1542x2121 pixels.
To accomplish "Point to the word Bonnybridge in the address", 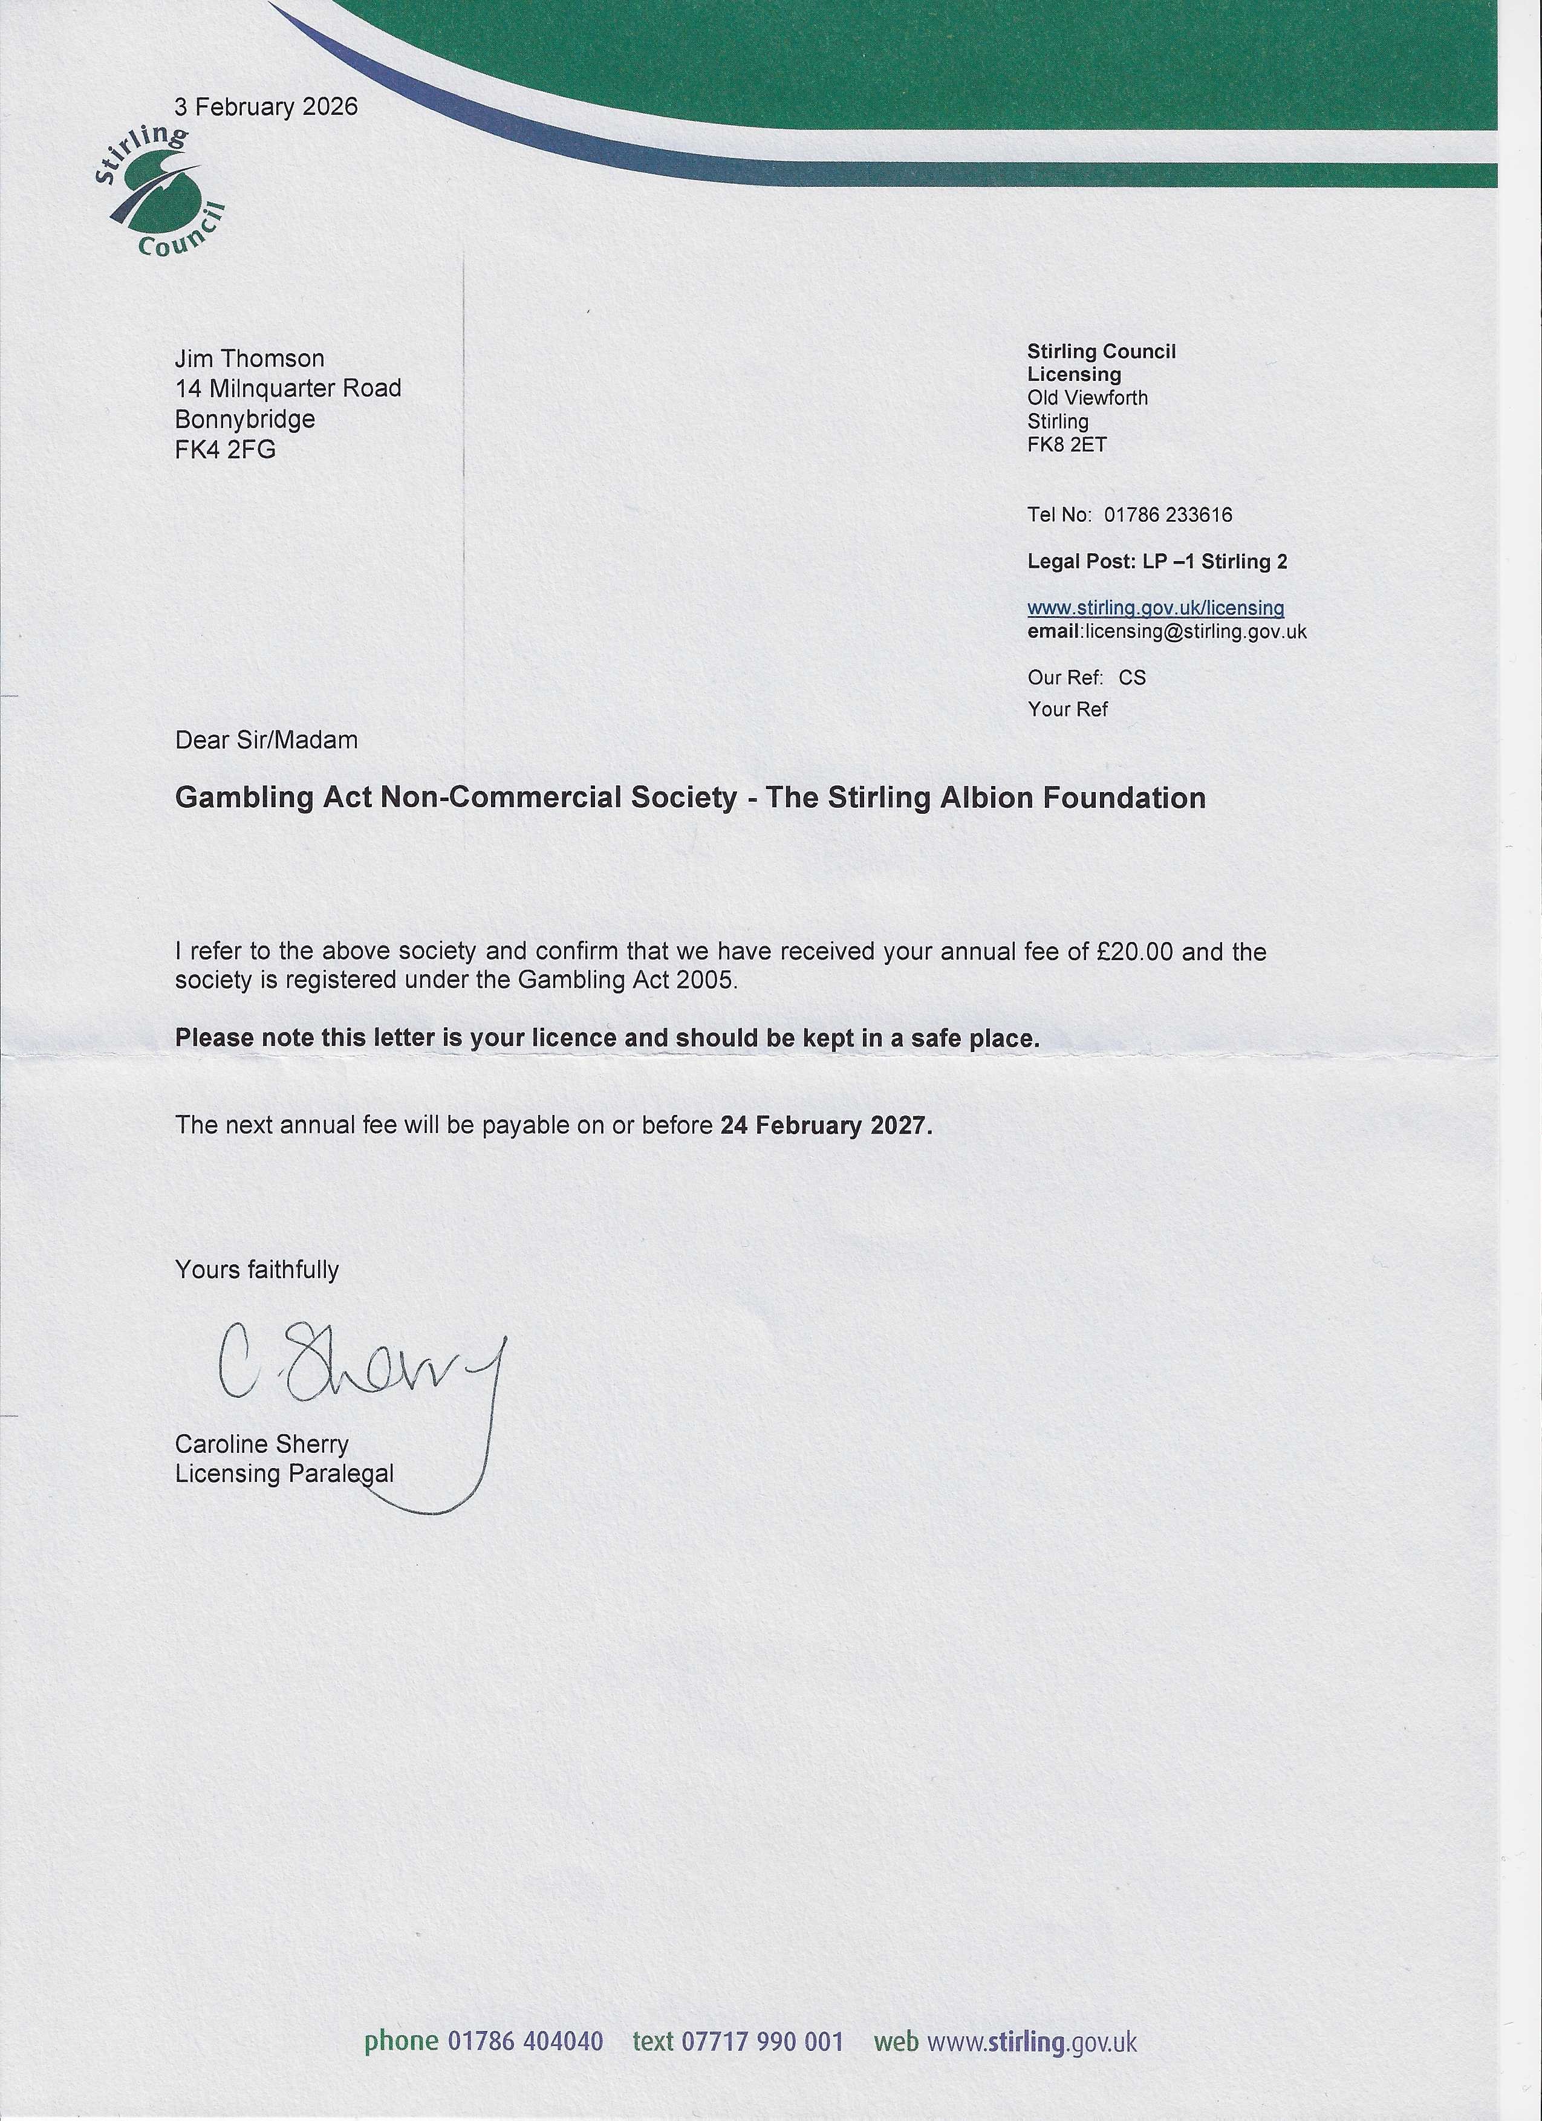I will click(244, 419).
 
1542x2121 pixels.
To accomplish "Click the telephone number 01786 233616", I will click(1168, 515).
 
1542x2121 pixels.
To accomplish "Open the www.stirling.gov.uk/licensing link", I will click(1155, 608).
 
